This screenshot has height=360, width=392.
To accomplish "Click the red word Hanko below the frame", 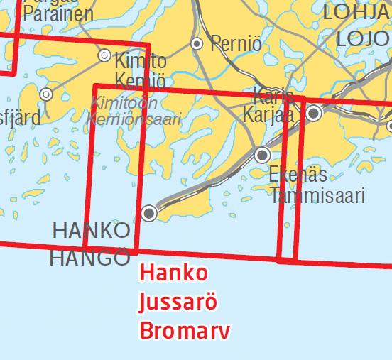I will point(174,273).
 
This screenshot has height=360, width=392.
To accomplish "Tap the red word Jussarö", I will point(178,302).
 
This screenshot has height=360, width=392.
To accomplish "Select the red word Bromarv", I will point(185,330).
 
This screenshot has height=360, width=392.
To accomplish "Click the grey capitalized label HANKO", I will point(92,230).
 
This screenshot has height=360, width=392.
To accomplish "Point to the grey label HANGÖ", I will point(90,258).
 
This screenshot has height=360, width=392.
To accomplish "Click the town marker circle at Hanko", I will point(149,212).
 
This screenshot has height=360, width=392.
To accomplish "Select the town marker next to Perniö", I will point(197,44).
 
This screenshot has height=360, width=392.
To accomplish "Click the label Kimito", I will point(141,60).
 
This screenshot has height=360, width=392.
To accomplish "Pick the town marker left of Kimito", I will point(104,55).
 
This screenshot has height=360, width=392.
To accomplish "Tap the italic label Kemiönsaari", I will point(134,119).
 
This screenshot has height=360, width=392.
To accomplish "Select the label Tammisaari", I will point(317,195).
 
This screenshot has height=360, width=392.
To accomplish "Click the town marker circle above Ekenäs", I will point(263,154).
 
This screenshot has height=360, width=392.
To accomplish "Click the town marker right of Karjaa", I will point(313,113).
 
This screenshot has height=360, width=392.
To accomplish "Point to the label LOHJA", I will point(356,11).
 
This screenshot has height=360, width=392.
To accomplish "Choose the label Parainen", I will point(58,14).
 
